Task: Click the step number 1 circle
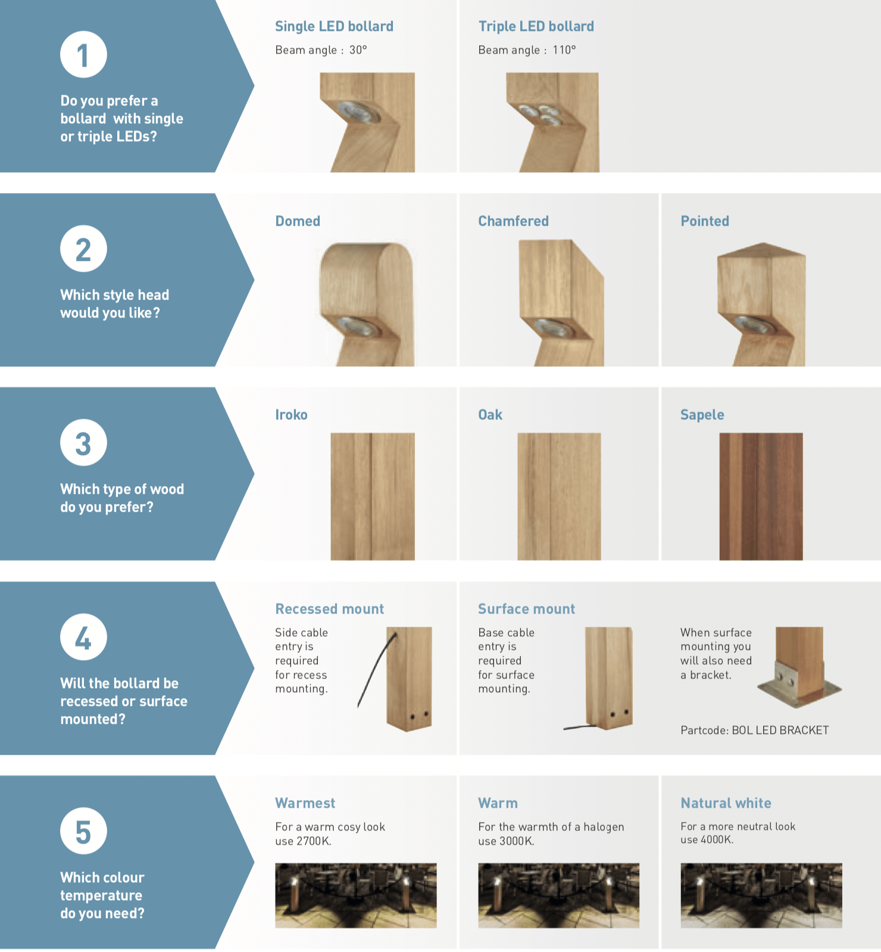(83, 55)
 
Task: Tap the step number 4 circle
(83, 637)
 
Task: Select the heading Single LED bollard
(334, 26)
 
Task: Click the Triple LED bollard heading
(536, 26)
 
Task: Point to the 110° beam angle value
(564, 50)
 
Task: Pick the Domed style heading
(298, 221)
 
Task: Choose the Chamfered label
(514, 221)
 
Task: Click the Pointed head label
(705, 221)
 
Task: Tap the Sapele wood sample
(761, 496)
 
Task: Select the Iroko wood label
(291, 415)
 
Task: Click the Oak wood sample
(559, 496)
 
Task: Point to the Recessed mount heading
(329, 609)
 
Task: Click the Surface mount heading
(527, 609)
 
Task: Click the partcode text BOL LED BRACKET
(780, 730)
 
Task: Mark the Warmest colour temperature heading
(305, 803)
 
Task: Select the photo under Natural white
(761, 895)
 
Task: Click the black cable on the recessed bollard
(376, 670)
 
